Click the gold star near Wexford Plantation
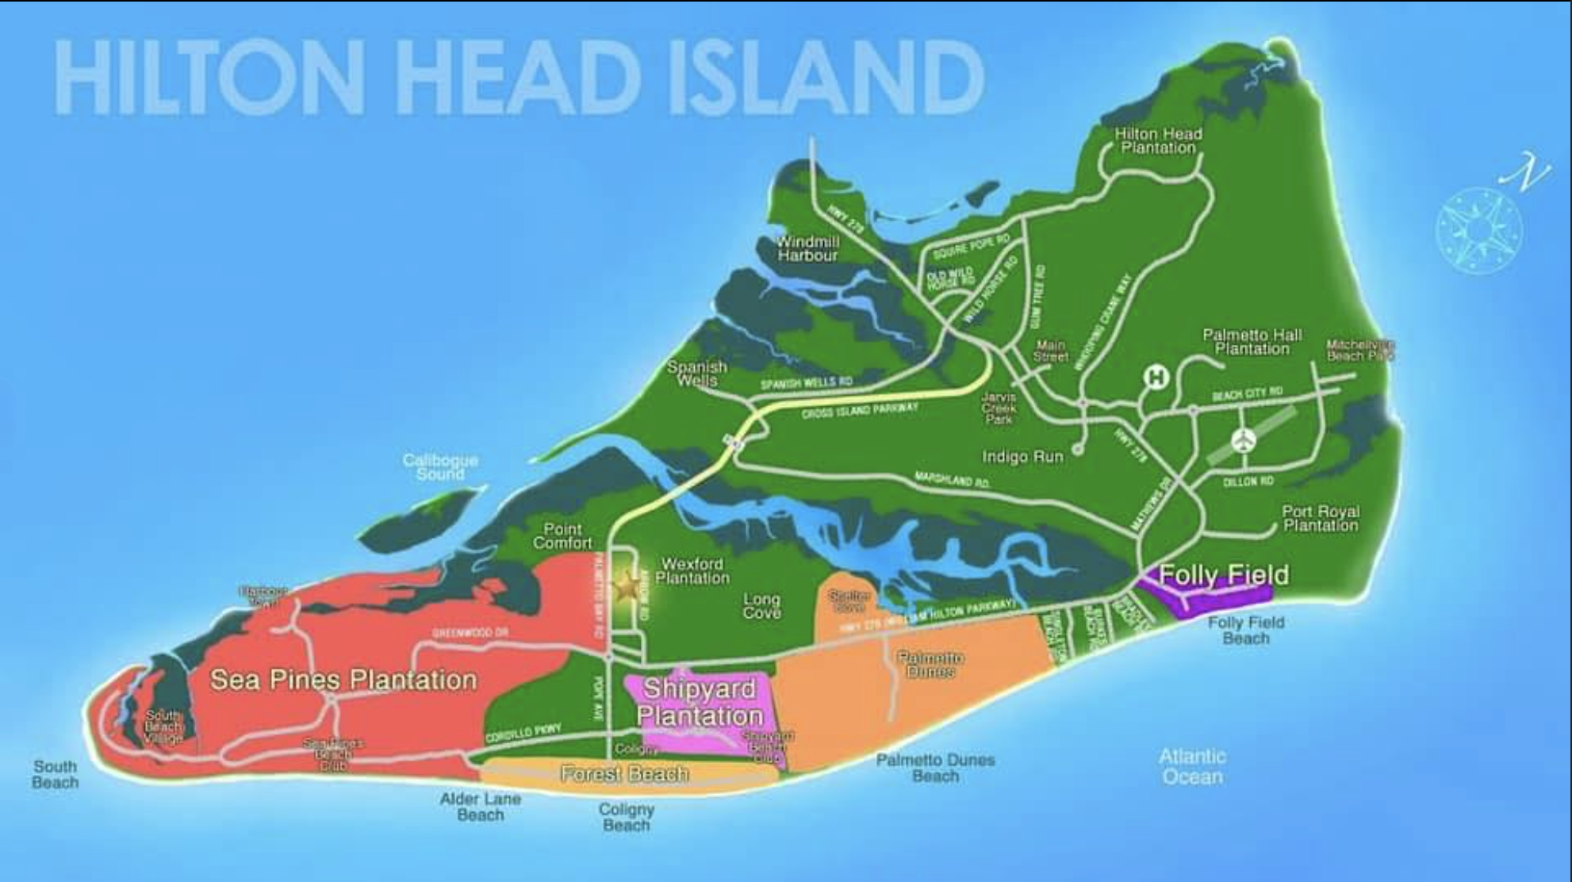coord(627,587)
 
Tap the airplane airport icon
coord(1244,439)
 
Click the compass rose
coord(1478,229)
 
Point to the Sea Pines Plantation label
coord(343,680)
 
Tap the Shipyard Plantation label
coord(699,702)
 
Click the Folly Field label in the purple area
coord(1224,574)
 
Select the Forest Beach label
coord(624,773)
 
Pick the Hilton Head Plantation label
coord(1158,140)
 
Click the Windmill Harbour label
coord(807,248)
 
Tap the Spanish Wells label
coord(697,374)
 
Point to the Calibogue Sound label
coord(440,467)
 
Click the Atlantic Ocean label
coord(1192,766)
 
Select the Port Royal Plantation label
coord(1321,518)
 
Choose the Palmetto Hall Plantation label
coord(1252,342)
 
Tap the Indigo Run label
coord(1022,457)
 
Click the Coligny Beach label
coord(626,817)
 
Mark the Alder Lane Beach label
coord(481,807)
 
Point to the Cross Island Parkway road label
coord(860,410)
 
